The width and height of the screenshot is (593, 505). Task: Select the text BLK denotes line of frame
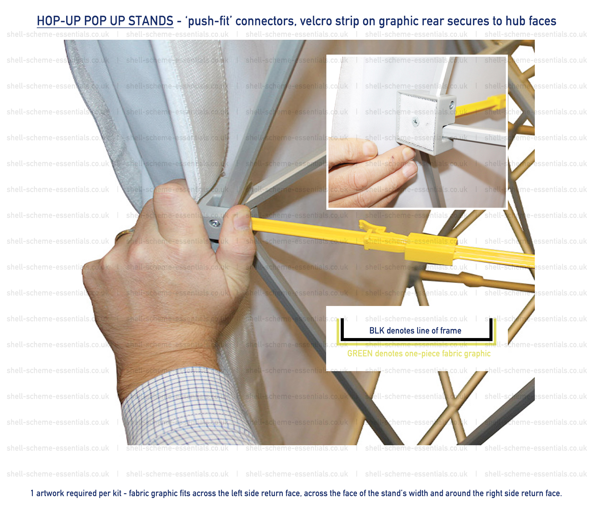pos(415,331)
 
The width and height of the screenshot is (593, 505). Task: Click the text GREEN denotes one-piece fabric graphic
pos(419,354)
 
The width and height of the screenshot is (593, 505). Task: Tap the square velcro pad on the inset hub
pos(417,121)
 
